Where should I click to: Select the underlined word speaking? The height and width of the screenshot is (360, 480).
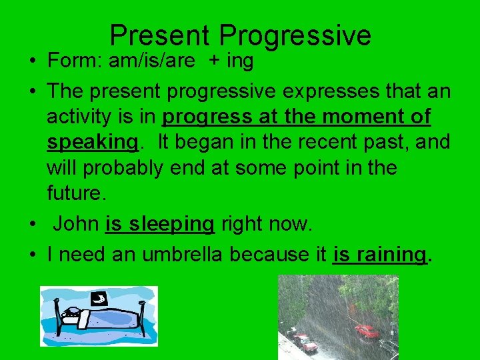click(x=92, y=142)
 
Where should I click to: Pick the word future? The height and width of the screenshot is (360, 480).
click(x=75, y=193)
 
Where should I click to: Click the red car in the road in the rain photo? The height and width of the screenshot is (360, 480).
click(x=366, y=331)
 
